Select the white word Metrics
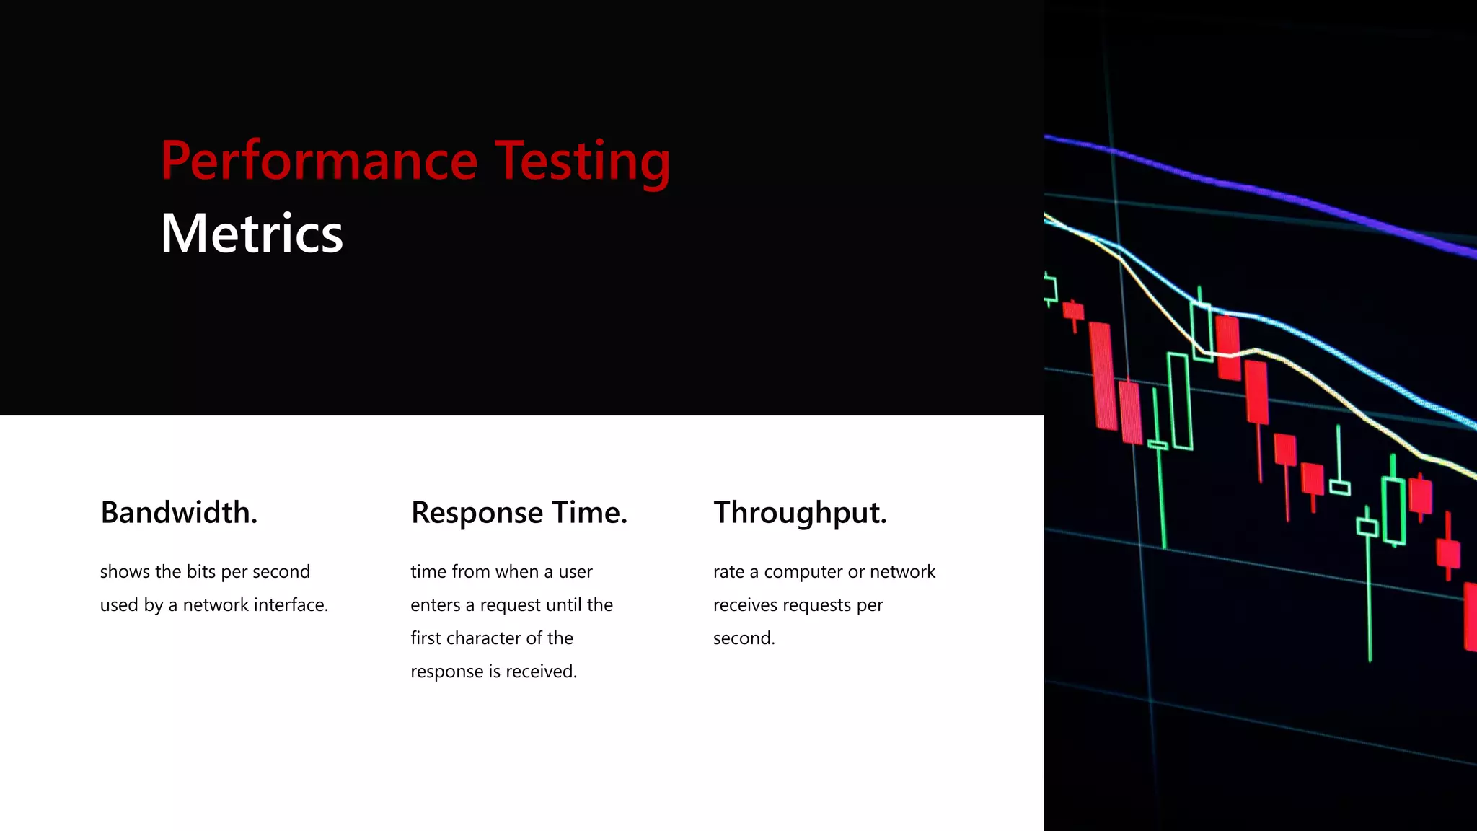click(252, 234)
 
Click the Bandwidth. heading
click(179, 513)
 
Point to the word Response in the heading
click(477, 513)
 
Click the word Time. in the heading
click(590, 513)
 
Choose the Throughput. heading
click(800, 513)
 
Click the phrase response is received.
click(493, 671)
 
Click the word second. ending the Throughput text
click(744, 638)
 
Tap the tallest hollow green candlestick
click(1179, 401)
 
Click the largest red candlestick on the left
click(1103, 375)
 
